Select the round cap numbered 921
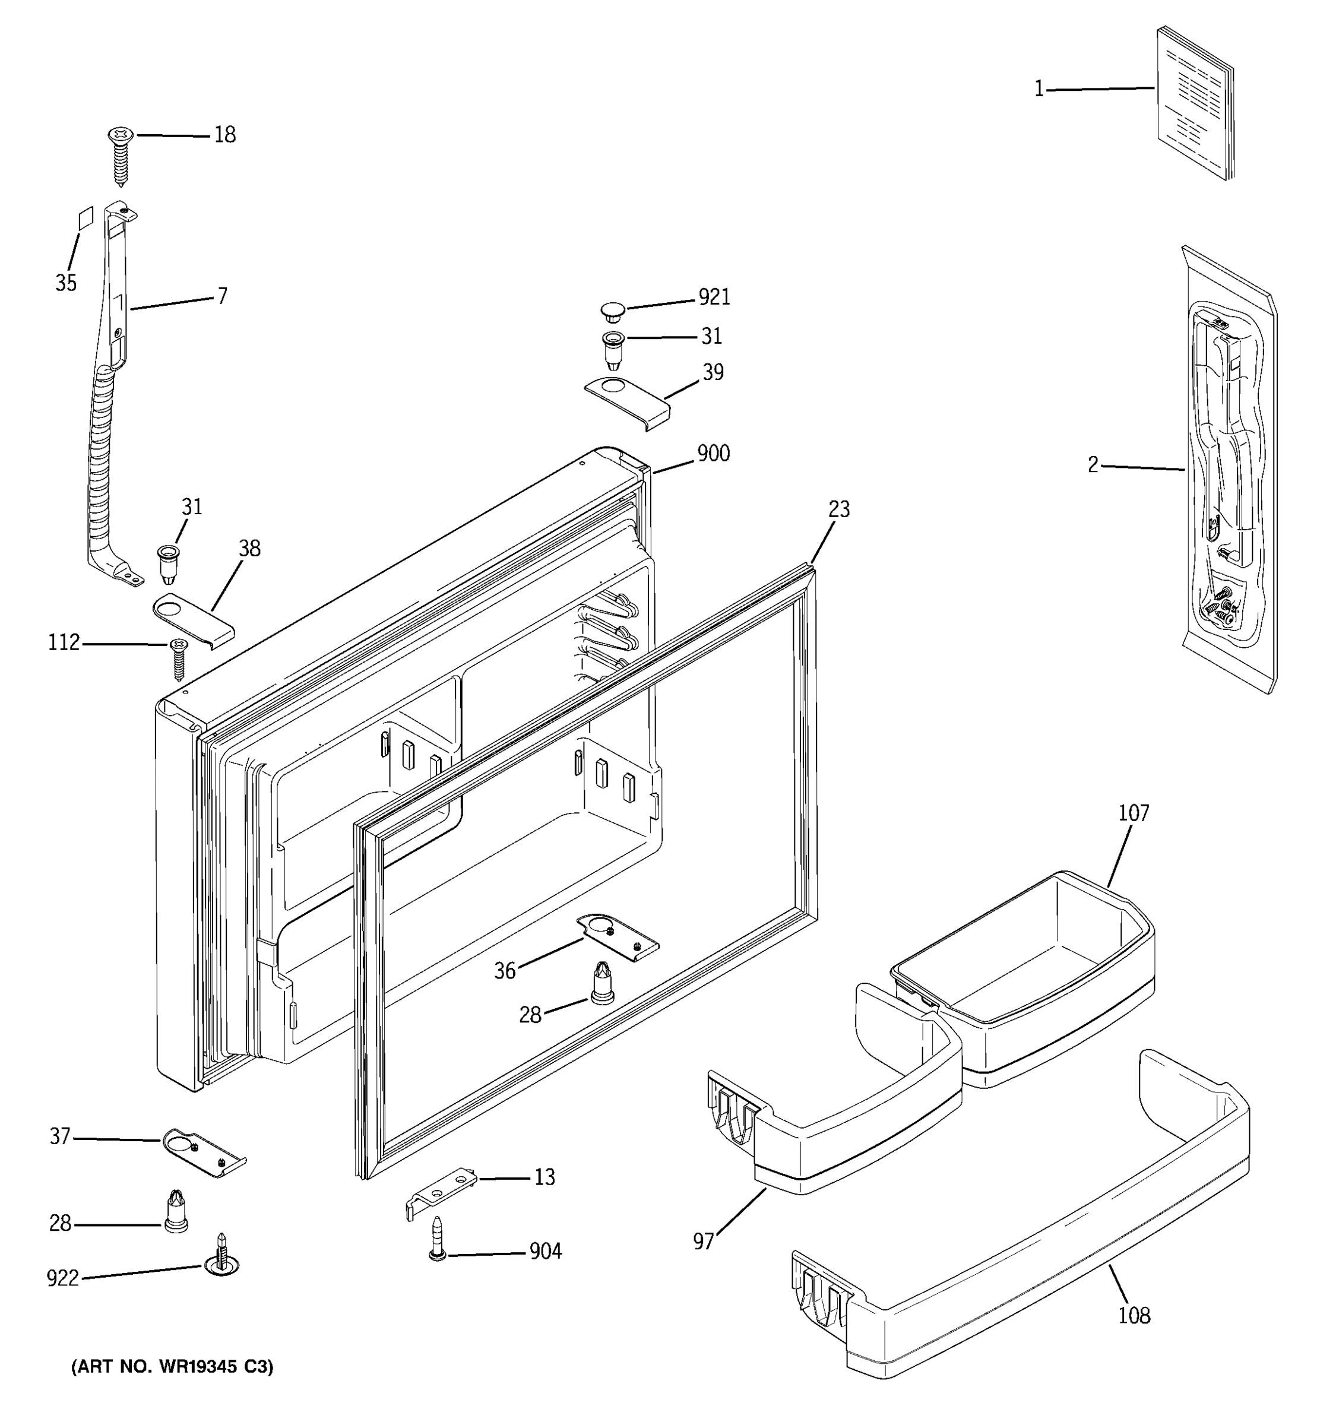(x=612, y=311)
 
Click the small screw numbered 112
(x=178, y=658)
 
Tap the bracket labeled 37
(x=203, y=1152)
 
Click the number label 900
(x=713, y=453)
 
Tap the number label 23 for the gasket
(x=838, y=509)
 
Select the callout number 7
(x=222, y=296)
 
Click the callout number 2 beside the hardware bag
(x=1093, y=465)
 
